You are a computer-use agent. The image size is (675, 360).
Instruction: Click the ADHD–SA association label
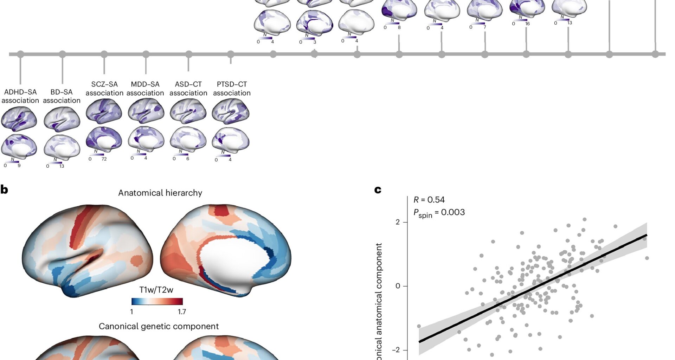[20, 96]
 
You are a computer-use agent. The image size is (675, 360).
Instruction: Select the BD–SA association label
[62, 96]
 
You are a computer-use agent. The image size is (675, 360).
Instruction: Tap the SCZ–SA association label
[104, 89]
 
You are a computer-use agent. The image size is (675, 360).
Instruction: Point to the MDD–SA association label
[145, 89]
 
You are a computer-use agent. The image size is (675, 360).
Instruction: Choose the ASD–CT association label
[188, 89]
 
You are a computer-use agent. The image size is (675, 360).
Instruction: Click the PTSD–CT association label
[232, 89]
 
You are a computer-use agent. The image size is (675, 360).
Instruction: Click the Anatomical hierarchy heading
[160, 193]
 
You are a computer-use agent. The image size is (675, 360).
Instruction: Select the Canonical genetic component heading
[159, 326]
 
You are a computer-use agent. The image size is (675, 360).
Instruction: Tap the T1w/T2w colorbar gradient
[157, 301]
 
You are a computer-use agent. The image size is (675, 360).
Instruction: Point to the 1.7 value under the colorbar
[182, 312]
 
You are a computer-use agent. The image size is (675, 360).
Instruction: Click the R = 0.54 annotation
[429, 200]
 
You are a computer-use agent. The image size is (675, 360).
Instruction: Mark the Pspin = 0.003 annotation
[439, 213]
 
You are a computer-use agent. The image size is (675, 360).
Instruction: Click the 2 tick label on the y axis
[398, 222]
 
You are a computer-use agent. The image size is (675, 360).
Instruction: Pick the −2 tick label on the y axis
[396, 350]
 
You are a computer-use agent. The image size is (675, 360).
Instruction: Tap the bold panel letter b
[4, 190]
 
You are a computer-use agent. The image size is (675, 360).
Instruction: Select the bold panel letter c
[378, 190]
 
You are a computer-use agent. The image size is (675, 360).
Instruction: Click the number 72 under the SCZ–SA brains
[104, 159]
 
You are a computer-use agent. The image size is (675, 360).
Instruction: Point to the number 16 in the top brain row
[527, 24]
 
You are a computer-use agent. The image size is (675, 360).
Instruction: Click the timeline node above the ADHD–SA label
[20, 54]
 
